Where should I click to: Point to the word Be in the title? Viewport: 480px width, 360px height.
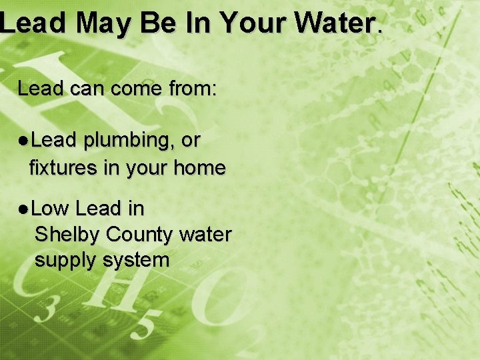[159, 23]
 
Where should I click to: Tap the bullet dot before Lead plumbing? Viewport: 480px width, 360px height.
[23, 141]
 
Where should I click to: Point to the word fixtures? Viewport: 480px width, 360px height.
[63, 168]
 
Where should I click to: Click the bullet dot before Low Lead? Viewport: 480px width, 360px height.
[23, 209]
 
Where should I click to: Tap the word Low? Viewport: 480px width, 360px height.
[50, 209]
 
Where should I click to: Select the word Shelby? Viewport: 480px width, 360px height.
[67, 235]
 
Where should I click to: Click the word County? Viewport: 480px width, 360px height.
[139, 235]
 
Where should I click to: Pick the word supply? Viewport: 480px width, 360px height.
[65, 260]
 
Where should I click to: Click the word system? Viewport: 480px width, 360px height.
[136, 260]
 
